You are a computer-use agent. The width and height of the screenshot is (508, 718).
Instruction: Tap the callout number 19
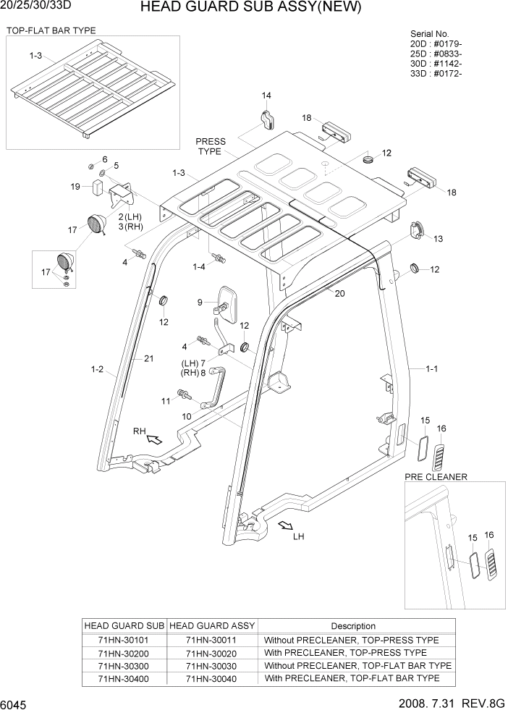pyautogui.click(x=75, y=187)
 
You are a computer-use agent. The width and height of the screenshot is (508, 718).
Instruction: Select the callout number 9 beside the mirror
pyautogui.click(x=200, y=302)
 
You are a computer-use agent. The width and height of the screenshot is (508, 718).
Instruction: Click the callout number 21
pyautogui.click(x=149, y=358)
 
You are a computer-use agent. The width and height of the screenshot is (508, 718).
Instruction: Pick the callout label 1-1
pyautogui.click(x=432, y=369)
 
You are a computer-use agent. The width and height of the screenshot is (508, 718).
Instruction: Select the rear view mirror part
pyautogui.click(x=229, y=304)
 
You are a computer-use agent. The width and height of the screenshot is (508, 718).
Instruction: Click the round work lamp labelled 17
pyautogui.click(x=96, y=224)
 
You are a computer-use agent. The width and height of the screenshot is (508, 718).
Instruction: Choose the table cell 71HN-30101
pyautogui.click(x=125, y=641)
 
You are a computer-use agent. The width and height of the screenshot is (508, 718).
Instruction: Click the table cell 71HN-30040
pyautogui.click(x=211, y=678)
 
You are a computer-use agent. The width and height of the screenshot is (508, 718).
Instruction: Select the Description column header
pyautogui.click(x=353, y=626)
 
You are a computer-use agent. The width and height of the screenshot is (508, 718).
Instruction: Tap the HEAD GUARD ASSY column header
pyautogui.click(x=211, y=626)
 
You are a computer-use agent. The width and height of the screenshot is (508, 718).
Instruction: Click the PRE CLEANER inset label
pyautogui.click(x=436, y=476)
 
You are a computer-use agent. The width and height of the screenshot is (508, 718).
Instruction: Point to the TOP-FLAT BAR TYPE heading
pyautogui.click(x=51, y=30)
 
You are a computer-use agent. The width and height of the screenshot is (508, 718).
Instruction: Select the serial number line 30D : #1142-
pyautogui.click(x=436, y=64)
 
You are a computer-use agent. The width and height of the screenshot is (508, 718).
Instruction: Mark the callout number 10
pyautogui.click(x=187, y=416)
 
